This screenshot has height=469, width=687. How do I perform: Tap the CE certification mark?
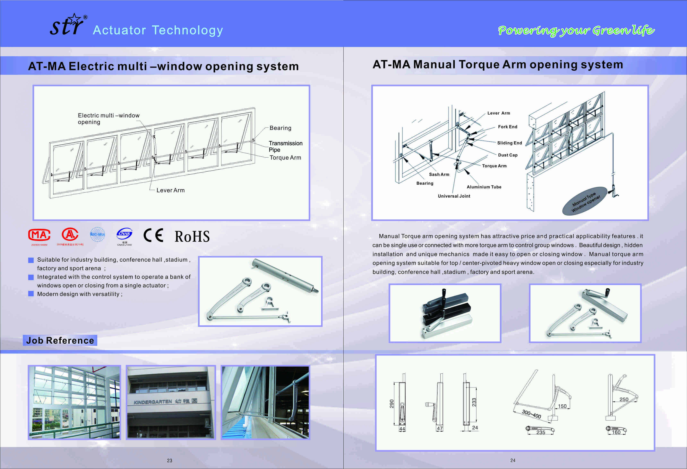coord(153,235)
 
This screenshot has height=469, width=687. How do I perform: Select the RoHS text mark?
coord(192,237)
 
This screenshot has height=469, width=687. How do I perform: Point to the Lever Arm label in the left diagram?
coord(171,190)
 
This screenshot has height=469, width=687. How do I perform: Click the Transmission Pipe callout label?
coord(285,146)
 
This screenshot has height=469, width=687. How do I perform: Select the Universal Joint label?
coord(454,196)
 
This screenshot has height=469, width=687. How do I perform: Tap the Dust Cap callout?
coord(508,155)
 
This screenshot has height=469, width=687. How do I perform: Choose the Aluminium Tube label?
coord(484,187)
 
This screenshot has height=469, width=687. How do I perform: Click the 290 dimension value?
coord(392,404)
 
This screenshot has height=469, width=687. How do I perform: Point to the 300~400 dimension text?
coord(531,414)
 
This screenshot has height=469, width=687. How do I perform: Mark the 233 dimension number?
coord(474,402)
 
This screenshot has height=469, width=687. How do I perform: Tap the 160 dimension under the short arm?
coord(616,432)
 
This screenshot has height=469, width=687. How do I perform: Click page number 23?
coord(169,460)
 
